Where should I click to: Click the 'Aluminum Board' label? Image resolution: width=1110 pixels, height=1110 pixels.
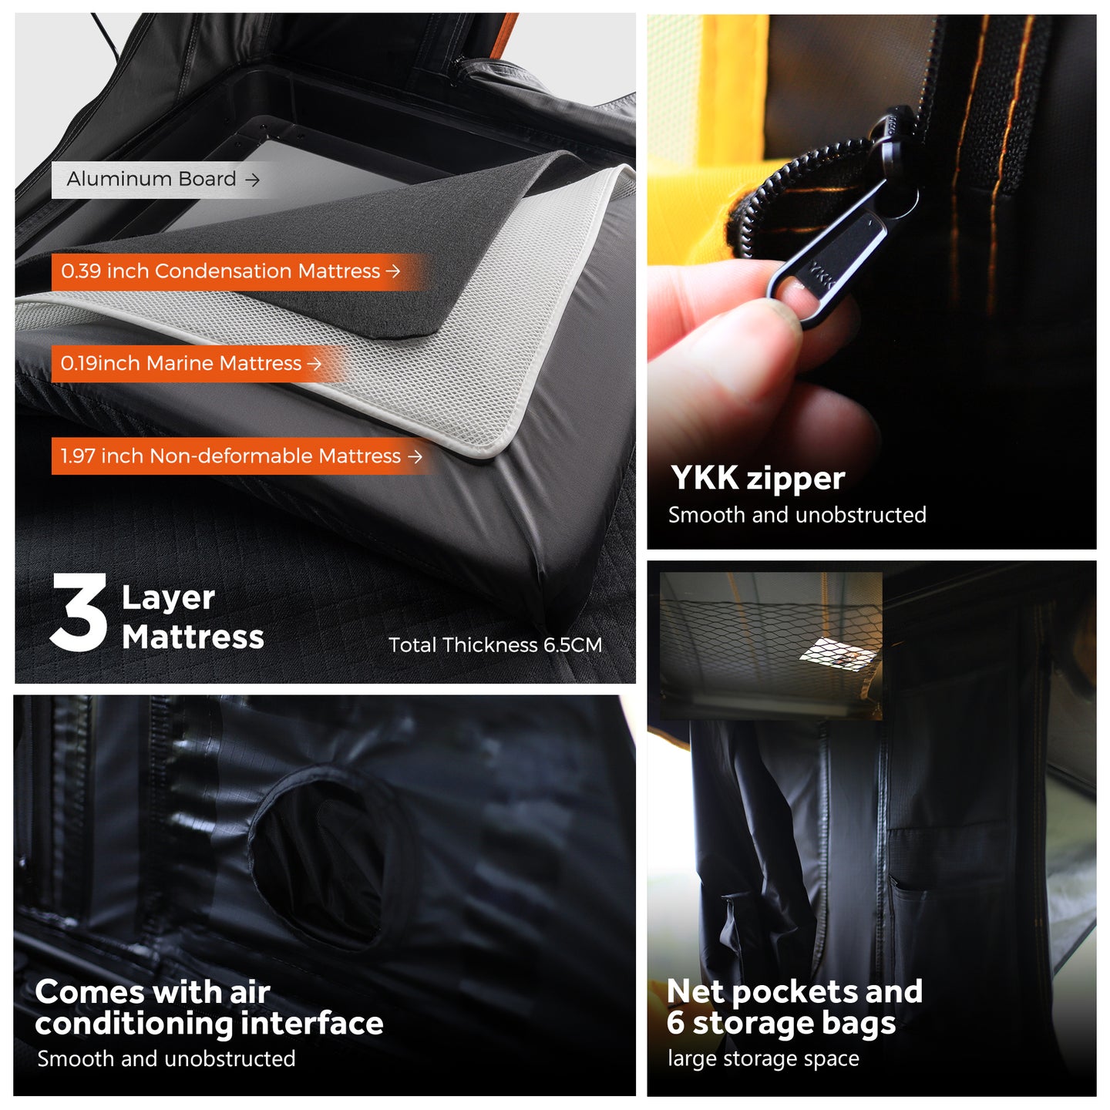151,179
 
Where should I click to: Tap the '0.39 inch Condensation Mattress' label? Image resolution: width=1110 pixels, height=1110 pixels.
220,271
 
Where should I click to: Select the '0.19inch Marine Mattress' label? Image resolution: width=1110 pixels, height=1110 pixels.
181,363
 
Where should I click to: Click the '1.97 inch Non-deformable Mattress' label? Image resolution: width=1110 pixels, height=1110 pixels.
230,456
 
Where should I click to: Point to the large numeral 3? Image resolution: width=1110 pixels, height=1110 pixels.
79,612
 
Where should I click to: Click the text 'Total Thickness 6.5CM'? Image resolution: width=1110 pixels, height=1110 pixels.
495,644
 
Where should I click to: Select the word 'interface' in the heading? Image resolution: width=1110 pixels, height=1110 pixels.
311,1024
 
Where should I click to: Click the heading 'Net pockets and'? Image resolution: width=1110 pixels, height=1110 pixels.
794,992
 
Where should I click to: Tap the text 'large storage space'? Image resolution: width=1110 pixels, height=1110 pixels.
763,1058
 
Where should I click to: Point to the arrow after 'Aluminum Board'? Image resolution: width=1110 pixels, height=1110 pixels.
252,180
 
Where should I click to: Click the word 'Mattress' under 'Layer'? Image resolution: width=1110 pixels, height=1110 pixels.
193,637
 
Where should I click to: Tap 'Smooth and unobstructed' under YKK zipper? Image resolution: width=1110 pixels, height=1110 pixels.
797,515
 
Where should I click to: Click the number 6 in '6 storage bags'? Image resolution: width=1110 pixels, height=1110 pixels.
675,1024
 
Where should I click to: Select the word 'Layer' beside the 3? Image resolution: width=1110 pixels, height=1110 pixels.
168,598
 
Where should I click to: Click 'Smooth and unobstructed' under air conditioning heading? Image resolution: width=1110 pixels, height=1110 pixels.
166,1058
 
